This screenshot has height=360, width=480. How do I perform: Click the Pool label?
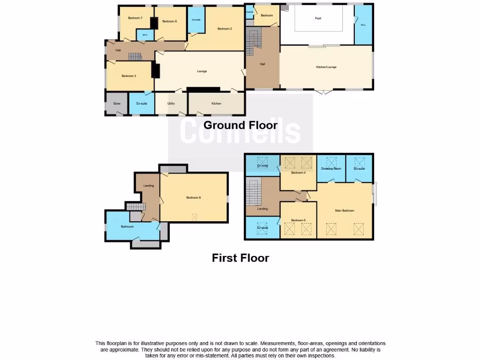pos(321,18)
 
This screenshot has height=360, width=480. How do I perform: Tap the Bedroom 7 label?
pos(135,18)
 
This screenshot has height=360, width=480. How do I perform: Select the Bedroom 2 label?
pos(225,29)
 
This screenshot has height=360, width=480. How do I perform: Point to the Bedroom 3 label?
pos(128,76)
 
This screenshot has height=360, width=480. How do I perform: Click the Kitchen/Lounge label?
pos(326,67)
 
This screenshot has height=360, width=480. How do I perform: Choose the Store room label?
pos(117,104)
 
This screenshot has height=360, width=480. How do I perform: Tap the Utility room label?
pos(171,104)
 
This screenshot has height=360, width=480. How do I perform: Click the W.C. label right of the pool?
pos(363,25)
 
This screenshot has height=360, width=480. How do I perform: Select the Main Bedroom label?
pos(345,211)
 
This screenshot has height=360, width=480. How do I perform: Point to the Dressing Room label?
pos(331,169)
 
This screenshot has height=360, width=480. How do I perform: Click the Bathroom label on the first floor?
pos(127,227)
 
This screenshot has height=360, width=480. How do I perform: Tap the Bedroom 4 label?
pos(298,173)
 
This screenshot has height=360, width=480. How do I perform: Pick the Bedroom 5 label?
pos(298,220)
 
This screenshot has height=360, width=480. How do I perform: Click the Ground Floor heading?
pos(240,125)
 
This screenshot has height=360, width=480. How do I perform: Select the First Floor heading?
pos(240,258)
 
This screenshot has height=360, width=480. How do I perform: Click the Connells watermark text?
pos(240,131)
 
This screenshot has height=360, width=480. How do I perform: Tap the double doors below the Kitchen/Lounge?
pos(323,92)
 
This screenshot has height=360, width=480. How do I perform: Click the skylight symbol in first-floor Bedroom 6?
pos(195,216)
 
